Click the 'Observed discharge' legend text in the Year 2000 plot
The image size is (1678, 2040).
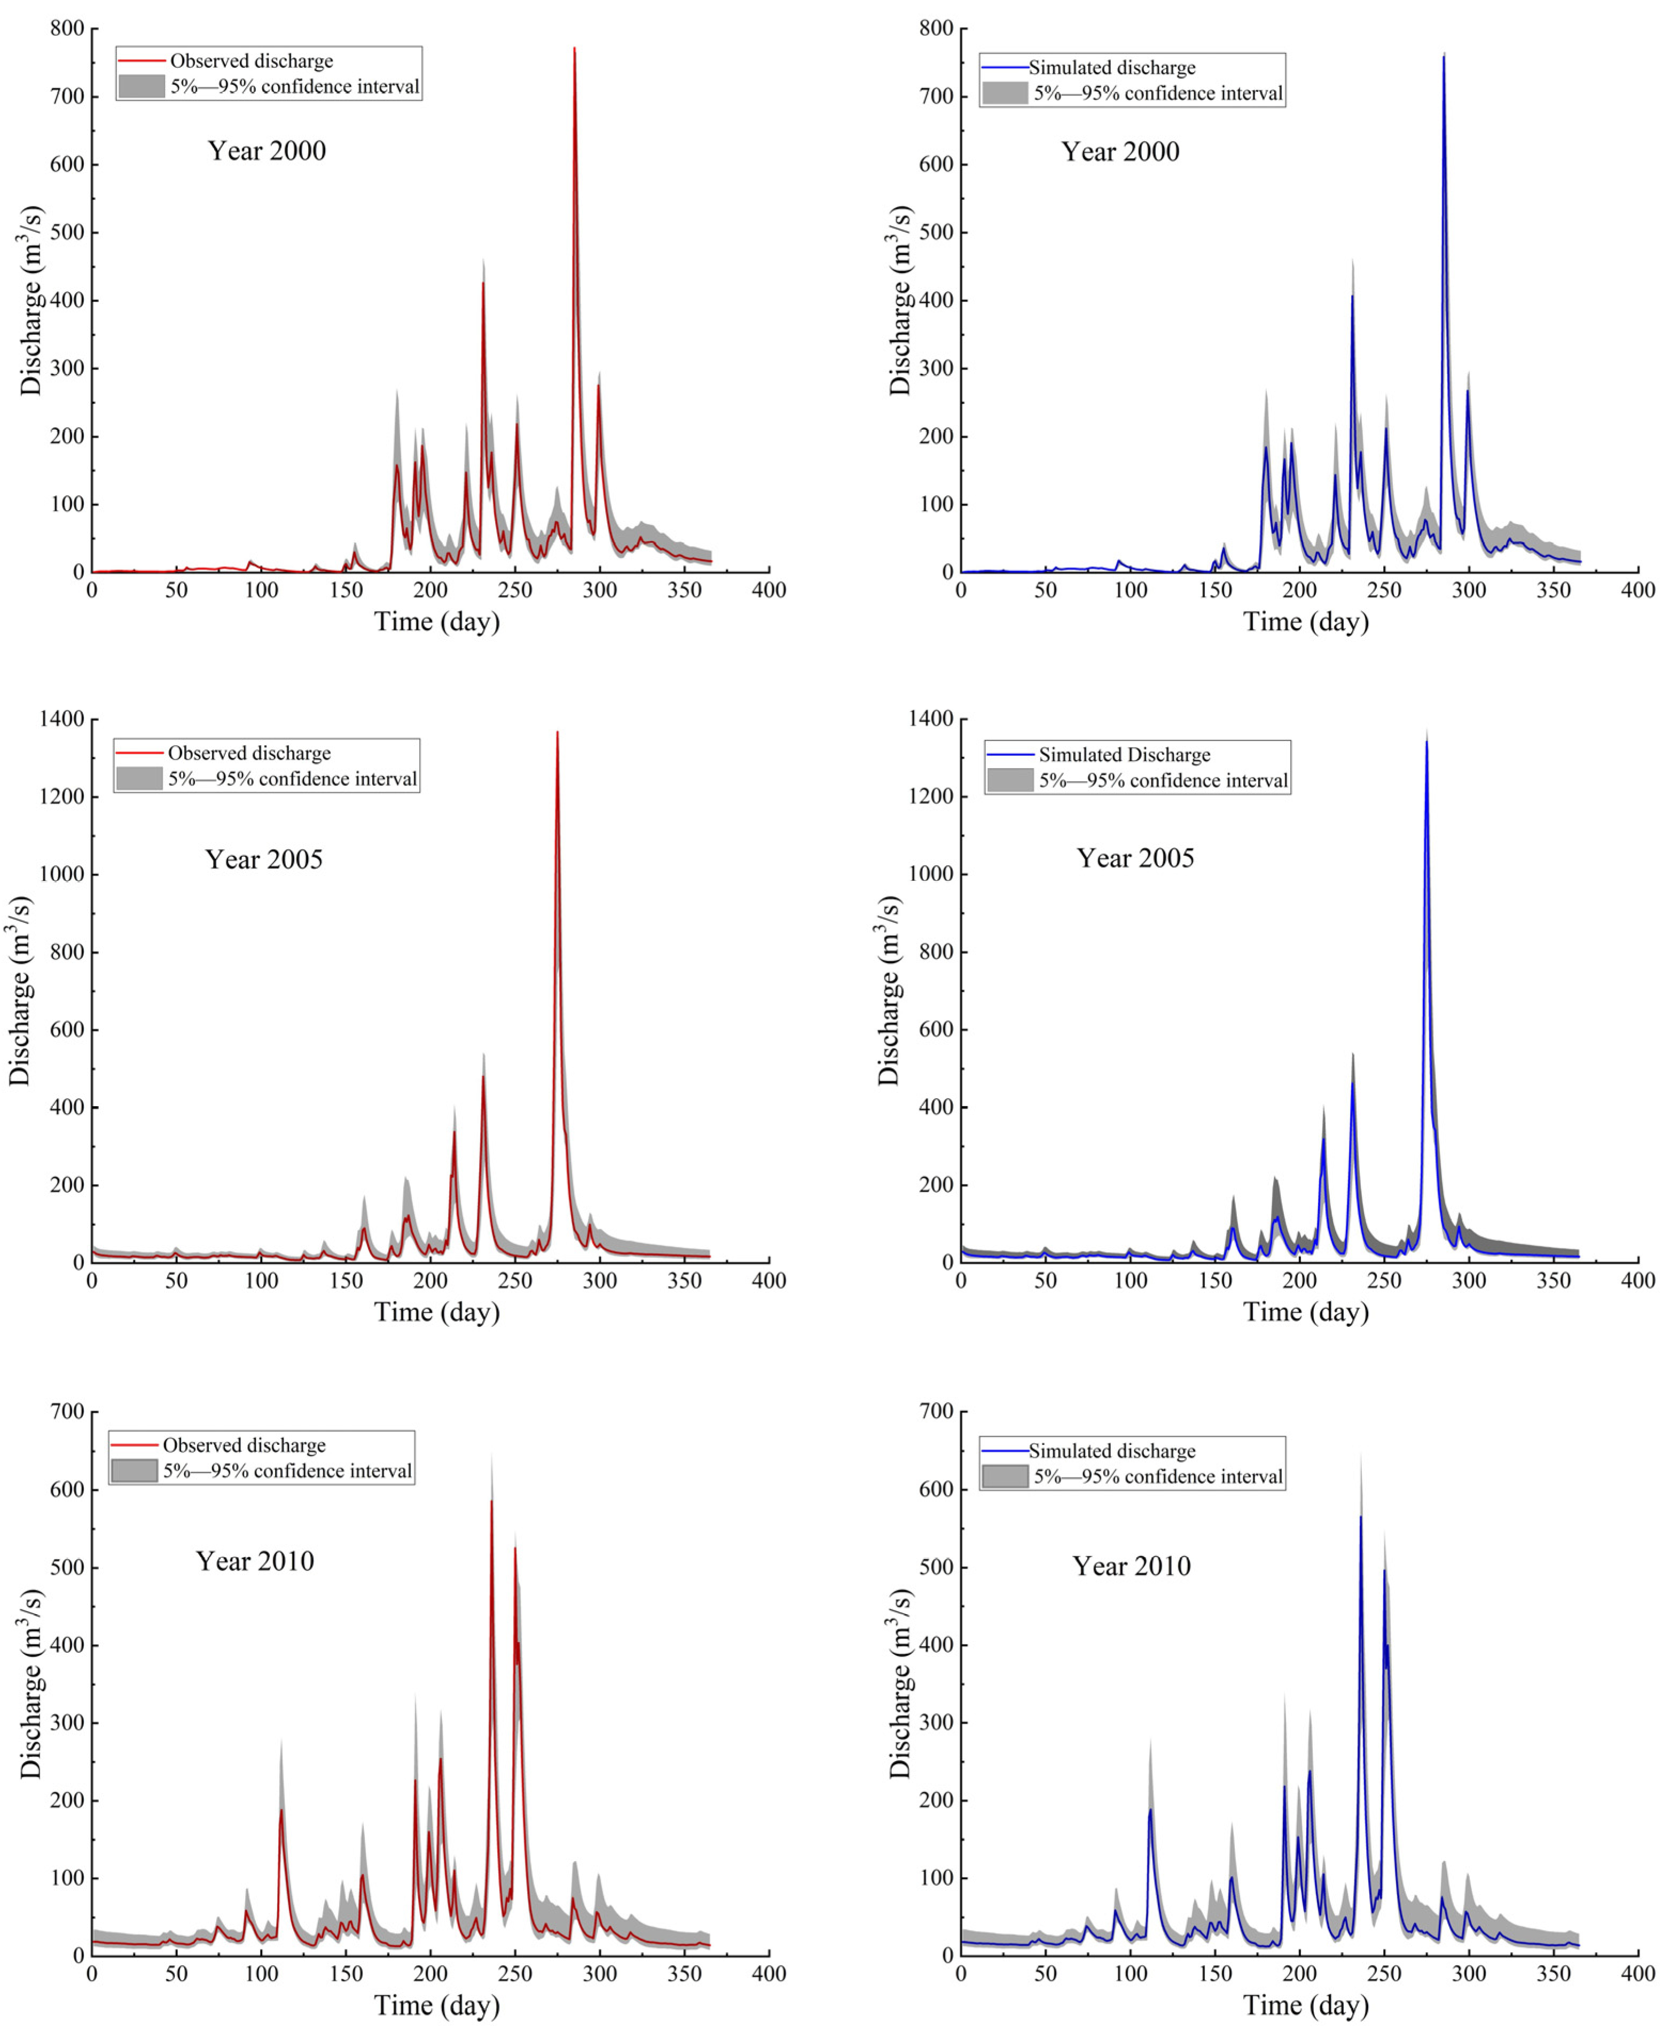coord(252,61)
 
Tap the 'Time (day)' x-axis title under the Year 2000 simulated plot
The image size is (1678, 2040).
coord(1306,622)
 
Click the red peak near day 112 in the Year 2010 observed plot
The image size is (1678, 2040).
coord(281,1809)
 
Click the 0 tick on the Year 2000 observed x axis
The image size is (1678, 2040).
coord(92,590)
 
